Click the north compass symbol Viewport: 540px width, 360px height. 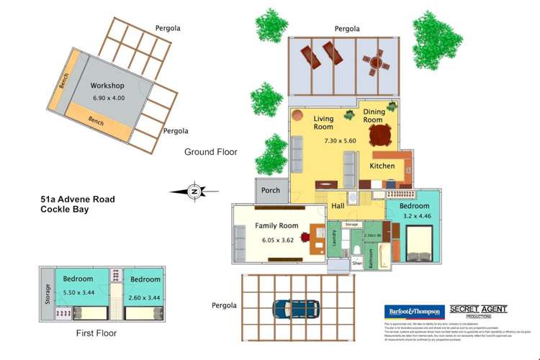193,192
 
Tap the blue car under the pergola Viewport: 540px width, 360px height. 296,308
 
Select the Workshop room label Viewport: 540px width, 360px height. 107,86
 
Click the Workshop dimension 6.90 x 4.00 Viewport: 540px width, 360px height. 109,99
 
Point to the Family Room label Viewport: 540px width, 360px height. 276,226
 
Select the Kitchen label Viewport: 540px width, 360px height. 382,166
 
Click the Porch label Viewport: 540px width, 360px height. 271,191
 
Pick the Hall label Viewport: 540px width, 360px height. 338,207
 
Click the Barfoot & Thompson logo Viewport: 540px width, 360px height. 413,312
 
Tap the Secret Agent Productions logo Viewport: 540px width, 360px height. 478,311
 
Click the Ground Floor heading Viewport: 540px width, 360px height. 210,152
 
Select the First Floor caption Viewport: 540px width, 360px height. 96,333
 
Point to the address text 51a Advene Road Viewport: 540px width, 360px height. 78,199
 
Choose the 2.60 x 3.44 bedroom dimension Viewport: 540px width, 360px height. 145,297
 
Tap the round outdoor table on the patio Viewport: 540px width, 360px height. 374,63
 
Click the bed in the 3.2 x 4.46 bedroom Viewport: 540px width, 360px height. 420,243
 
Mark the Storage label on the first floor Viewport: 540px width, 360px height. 48,295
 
